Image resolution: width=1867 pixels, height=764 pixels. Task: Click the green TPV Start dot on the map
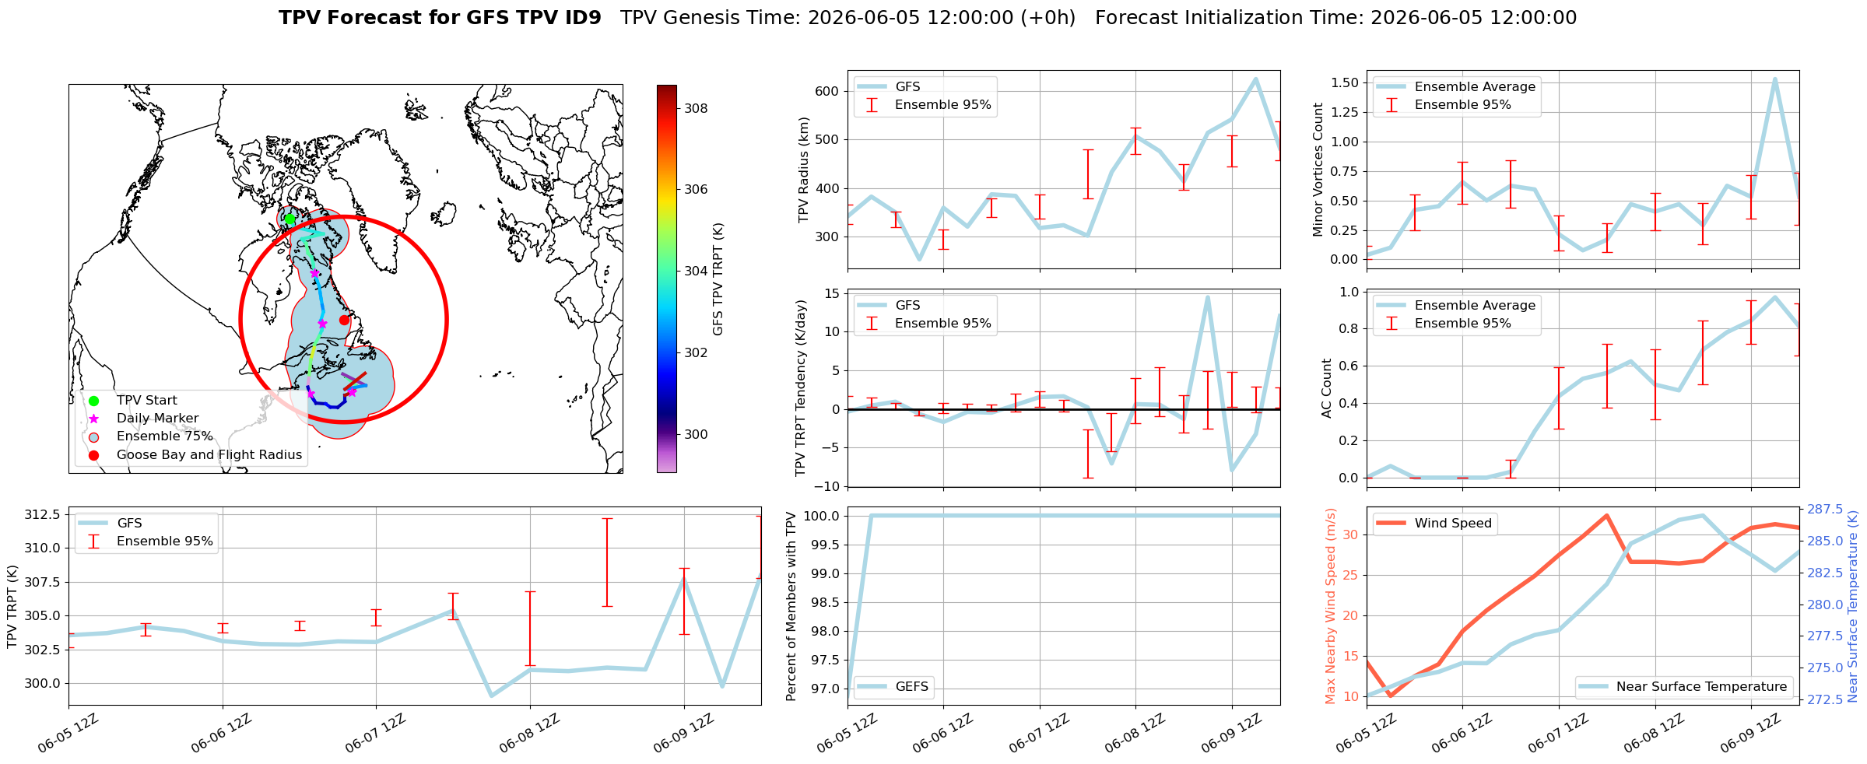(x=290, y=219)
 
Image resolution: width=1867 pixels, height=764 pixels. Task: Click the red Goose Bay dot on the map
(x=344, y=320)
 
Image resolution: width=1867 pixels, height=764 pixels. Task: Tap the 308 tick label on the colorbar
(x=696, y=108)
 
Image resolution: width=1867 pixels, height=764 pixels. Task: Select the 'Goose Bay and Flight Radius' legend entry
(x=191, y=455)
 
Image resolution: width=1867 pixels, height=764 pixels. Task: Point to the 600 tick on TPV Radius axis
(x=827, y=91)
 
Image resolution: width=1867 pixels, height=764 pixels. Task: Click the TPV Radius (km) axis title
(x=804, y=170)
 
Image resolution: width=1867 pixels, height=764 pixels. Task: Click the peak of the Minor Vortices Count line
(x=1774, y=79)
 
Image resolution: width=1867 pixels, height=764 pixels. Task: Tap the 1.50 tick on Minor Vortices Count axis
(x=1346, y=82)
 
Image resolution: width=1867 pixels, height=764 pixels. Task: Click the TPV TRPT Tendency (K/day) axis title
(x=801, y=387)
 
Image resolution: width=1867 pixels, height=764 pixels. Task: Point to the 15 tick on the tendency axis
(x=831, y=293)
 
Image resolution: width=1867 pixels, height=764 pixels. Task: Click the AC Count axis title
(x=1327, y=388)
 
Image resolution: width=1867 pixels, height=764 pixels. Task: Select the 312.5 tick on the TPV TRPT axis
(x=42, y=515)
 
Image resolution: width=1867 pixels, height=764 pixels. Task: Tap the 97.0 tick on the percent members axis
(x=824, y=689)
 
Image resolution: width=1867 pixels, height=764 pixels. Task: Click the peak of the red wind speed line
(x=1606, y=515)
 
